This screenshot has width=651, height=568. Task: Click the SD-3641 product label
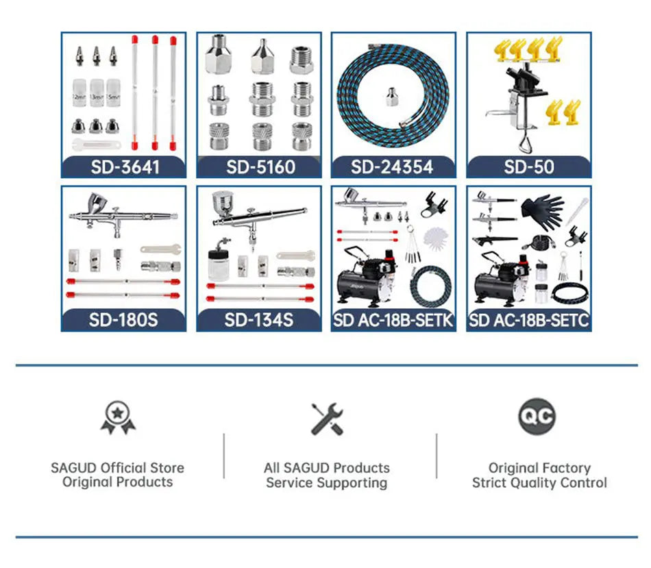point(123,166)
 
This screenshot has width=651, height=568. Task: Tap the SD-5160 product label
point(258,166)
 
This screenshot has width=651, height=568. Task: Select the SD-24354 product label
point(393,166)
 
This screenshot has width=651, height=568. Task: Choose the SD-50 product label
point(528,166)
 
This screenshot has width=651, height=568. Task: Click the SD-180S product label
point(123,320)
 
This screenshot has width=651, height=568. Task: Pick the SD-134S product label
point(258,320)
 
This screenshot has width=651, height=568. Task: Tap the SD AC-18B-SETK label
point(393,320)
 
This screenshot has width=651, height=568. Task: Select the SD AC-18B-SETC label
point(528,320)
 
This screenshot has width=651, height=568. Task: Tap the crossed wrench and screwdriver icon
point(327,419)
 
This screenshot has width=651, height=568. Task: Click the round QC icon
point(537,416)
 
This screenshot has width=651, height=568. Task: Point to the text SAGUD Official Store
point(117,468)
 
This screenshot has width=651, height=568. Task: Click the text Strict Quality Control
point(539,483)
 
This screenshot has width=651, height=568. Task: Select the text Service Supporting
point(327,483)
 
